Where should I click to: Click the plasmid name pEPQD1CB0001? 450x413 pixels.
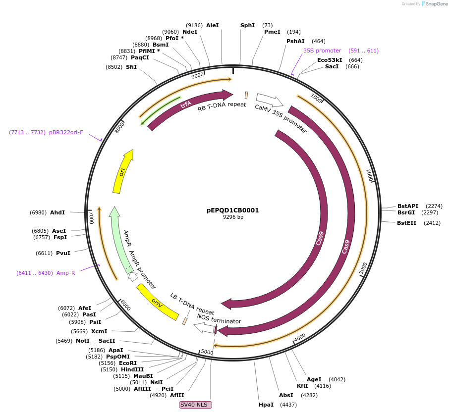232,210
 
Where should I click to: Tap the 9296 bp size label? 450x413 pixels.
232,217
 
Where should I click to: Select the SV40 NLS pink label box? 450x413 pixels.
195,405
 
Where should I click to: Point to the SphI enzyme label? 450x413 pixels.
247,25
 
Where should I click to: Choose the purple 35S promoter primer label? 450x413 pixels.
322,51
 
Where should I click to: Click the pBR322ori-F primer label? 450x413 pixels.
66,132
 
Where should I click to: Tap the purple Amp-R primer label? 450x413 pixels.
65,273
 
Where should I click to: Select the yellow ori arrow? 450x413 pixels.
122,171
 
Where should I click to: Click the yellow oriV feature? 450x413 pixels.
158,302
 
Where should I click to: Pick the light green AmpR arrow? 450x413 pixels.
118,238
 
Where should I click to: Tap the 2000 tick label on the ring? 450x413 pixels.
370,174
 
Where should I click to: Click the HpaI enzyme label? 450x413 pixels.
266,405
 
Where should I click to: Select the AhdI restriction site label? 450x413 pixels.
57,212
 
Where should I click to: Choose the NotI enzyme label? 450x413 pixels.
82,341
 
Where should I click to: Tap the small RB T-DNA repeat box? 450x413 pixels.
246,95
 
